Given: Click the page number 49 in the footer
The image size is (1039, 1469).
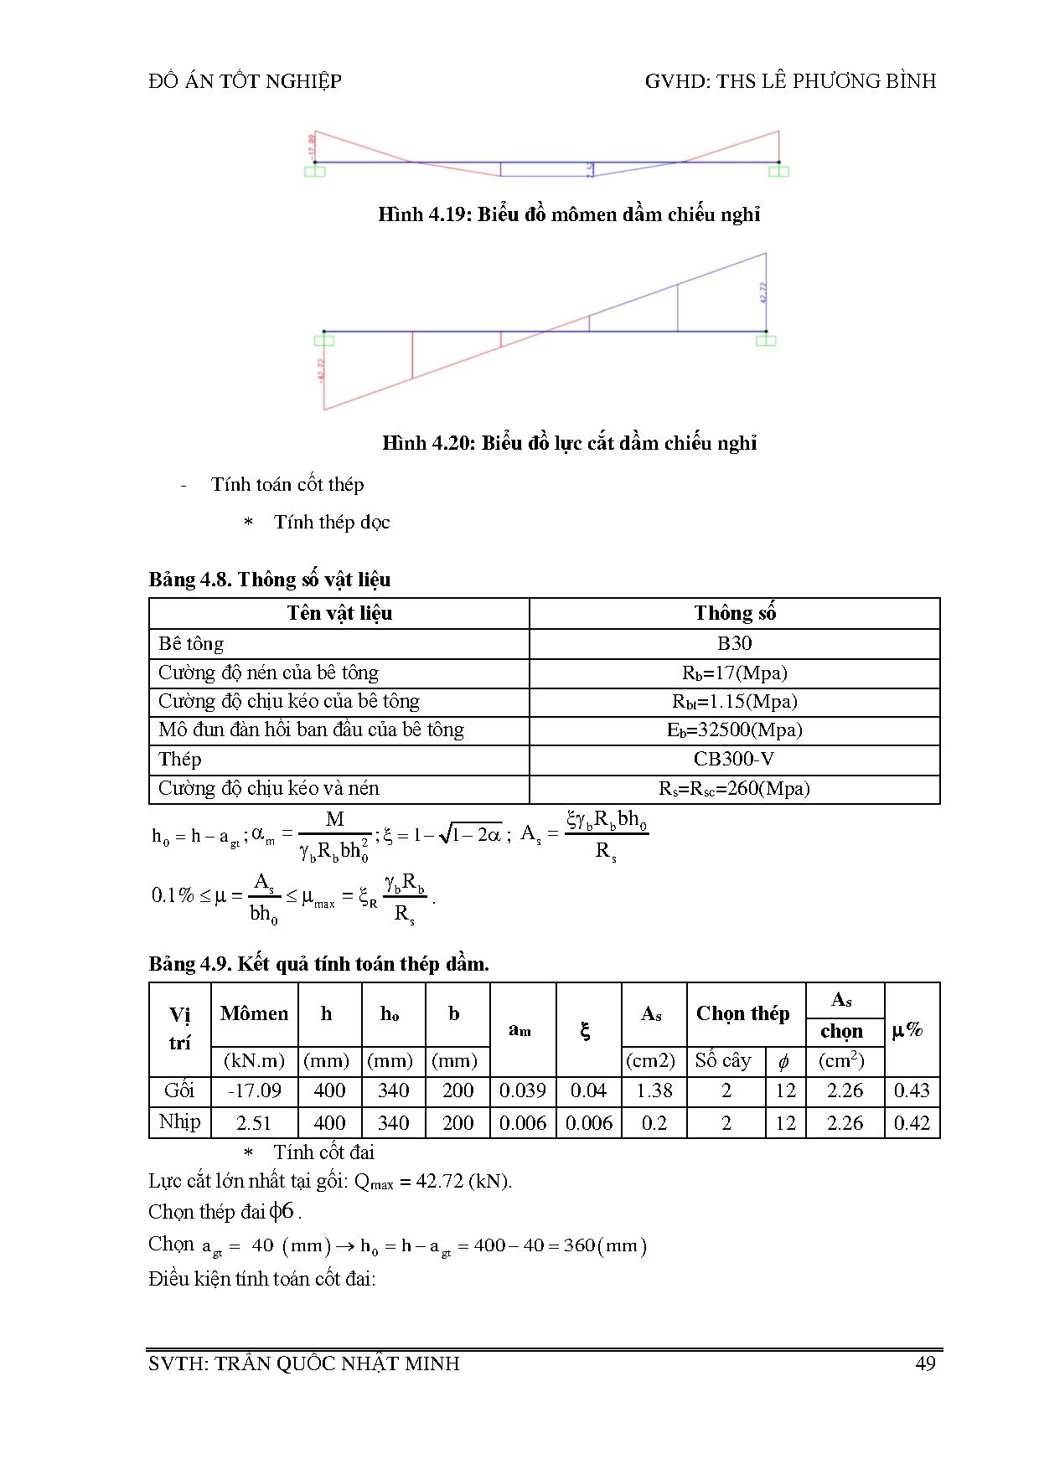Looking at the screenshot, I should coord(925,1363).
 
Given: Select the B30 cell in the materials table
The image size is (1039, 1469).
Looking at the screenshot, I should coord(734,643).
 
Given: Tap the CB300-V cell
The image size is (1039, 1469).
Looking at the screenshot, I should coord(734,759).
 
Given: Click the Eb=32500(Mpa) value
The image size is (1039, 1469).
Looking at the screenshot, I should coord(734,729).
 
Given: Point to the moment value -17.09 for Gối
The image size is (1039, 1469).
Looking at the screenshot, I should coord(255,1090).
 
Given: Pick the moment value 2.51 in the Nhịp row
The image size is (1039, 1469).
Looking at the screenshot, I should coord(255,1122).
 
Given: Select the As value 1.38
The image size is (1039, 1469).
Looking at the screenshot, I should coord(654,1090).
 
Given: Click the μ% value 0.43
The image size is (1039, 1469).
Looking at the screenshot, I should coord(912,1090).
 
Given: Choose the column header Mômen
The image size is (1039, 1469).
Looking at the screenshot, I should coord(254,1013).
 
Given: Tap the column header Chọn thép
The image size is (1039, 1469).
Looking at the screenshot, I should coord(742,1013).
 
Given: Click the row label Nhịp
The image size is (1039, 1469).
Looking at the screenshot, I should coord(179,1121).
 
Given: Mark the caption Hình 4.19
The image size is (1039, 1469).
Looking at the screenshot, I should coord(569,214).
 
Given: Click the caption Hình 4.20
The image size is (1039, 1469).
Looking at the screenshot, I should coord(569,443).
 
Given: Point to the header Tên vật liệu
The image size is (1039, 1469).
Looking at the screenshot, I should coord(339,613).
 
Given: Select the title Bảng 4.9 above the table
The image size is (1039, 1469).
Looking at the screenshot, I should coord(318,963).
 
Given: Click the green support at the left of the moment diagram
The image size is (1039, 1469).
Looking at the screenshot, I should coord(314,171).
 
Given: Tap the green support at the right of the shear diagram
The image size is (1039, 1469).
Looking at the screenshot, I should coord(766,340).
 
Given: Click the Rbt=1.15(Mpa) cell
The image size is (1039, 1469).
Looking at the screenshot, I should coord(734,701).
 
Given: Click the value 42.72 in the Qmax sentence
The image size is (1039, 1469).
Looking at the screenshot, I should coord(439,1182).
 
